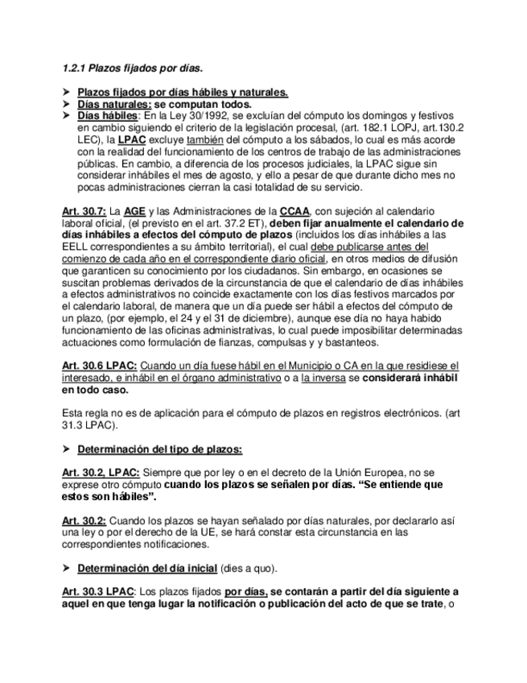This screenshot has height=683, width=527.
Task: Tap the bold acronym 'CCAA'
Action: [295, 211]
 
